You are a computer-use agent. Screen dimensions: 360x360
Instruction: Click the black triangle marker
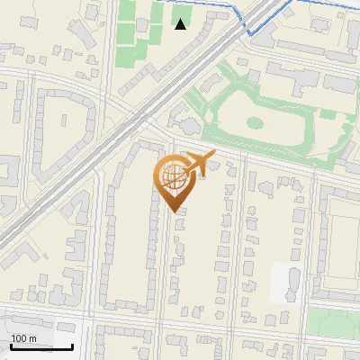pos(181,24)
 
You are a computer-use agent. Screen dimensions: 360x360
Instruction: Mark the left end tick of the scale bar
pos(11,346)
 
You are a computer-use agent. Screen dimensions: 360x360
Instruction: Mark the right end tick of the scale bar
pos(72,346)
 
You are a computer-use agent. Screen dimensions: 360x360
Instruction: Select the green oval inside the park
pos(255,122)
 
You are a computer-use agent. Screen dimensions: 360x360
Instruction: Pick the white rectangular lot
pos(285,282)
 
